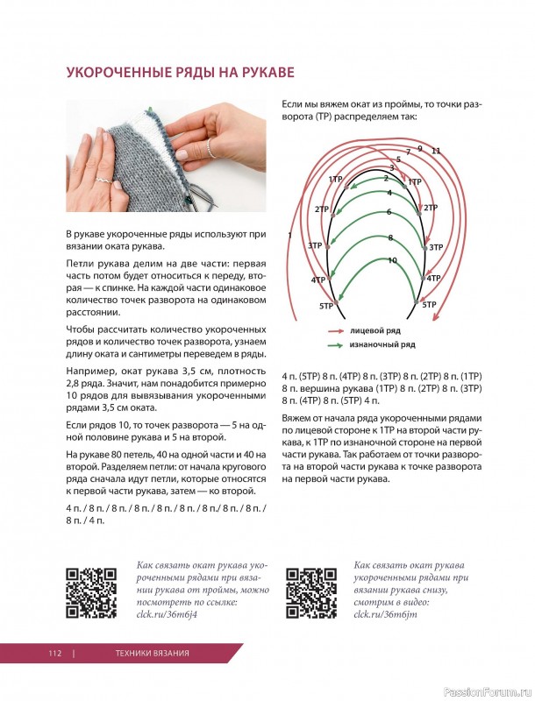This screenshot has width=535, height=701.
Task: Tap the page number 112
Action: coord(55,654)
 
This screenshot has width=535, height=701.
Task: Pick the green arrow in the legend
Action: coord(335,345)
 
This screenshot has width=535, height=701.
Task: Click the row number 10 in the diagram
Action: coord(392,260)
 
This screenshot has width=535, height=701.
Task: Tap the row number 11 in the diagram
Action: coord(436,151)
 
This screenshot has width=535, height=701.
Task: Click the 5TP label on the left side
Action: coord(326,305)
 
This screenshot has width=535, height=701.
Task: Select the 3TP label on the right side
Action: coord(435,247)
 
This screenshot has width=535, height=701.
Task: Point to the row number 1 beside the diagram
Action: coord(289,235)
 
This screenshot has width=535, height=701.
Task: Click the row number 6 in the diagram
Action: coord(389,212)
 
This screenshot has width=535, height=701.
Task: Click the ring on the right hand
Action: coord(210,150)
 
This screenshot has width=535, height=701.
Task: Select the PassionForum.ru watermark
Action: coord(486,690)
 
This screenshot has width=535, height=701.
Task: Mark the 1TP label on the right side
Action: coord(415,181)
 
